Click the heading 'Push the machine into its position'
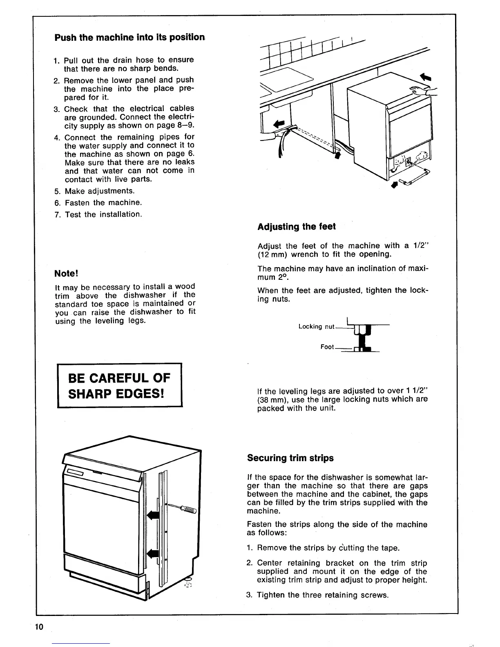(x=129, y=38)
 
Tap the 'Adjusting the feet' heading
(x=297, y=227)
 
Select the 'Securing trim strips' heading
(x=290, y=458)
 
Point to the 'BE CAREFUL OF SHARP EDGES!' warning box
(x=120, y=385)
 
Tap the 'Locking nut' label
(x=316, y=326)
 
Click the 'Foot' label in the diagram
(x=327, y=347)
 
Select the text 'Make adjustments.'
(x=99, y=191)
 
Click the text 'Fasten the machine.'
(x=103, y=203)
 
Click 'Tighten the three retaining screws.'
(x=322, y=595)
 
